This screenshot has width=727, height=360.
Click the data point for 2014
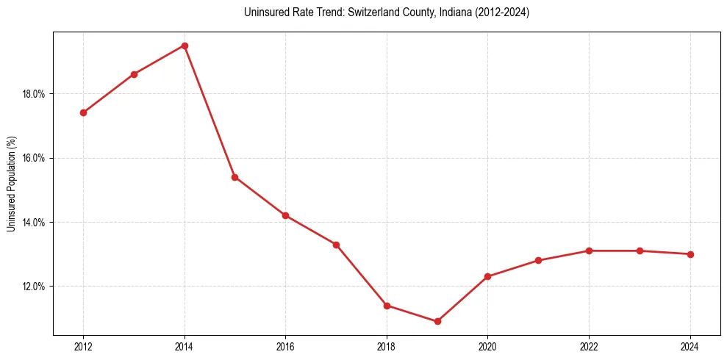click(185, 46)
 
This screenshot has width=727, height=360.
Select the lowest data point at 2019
click(437, 321)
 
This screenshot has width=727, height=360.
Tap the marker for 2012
click(83, 112)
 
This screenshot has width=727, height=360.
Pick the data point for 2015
click(234, 177)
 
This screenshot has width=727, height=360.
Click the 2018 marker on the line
click(387, 305)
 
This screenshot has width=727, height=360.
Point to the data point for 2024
click(690, 254)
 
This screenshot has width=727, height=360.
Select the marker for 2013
click(134, 74)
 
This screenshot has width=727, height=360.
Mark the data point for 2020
click(487, 276)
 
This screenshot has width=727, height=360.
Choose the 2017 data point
click(336, 245)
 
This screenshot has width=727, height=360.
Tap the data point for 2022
click(589, 251)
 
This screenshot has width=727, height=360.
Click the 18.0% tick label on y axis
click(35, 94)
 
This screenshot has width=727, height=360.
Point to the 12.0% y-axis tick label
click(35, 287)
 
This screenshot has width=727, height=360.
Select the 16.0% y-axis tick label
click(35, 158)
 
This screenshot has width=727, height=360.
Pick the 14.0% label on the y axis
click(35, 223)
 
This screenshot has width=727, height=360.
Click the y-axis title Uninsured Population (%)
click(11, 184)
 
